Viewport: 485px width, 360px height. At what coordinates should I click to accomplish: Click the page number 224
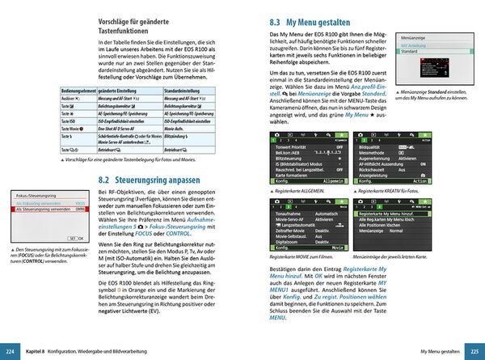coord(10,353)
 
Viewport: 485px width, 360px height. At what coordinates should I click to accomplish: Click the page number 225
coord(474,353)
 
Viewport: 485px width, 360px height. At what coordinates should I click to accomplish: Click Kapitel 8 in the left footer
coord(34,353)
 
